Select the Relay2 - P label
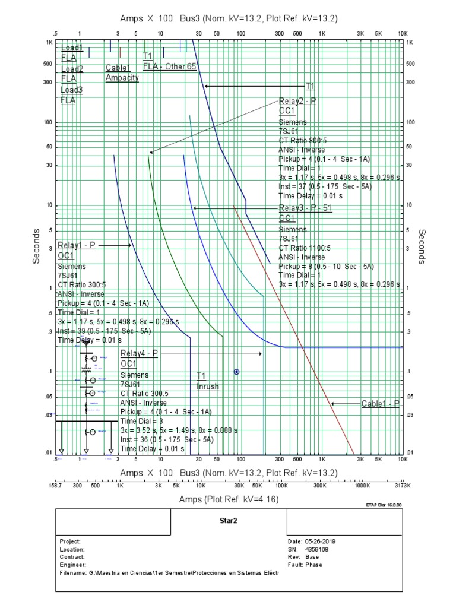click(x=297, y=102)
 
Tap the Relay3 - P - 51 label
click(x=305, y=208)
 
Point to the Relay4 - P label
click(x=139, y=354)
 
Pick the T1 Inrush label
click(x=207, y=381)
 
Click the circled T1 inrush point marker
click(x=236, y=372)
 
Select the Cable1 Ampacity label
click(x=122, y=73)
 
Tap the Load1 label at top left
click(x=72, y=47)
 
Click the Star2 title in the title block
click(x=229, y=520)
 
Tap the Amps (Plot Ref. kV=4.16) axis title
click(x=229, y=500)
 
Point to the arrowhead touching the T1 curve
click(x=207, y=86)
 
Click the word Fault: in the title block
click(x=296, y=565)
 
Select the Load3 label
click(x=72, y=90)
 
